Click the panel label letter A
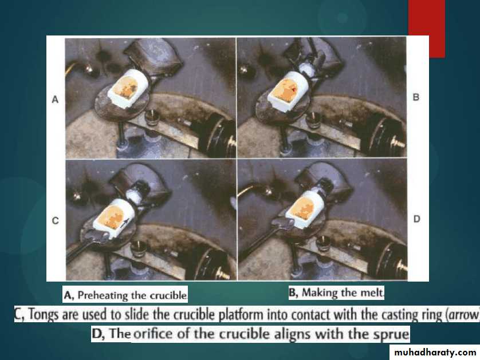pos(55,100)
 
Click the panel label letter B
pos(416,97)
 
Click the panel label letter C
pos(56,220)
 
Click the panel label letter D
pos(416,219)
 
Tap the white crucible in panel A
pos(128,88)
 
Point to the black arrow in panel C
pos(124,223)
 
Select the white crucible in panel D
pos(304,209)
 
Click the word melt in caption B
pos(372,292)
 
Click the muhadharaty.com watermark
pos(435,353)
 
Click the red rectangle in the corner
pos(426,29)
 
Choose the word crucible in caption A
pos(168,295)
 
